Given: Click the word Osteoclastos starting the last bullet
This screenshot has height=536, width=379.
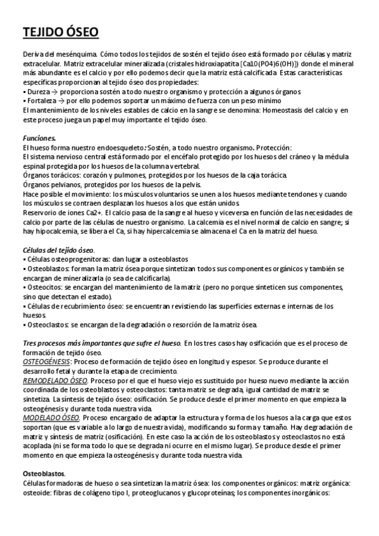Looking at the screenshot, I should (46, 325).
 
